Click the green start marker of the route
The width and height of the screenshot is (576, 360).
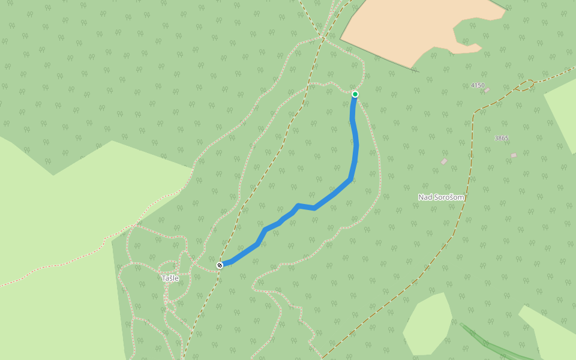pyautogui.click(x=355, y=94)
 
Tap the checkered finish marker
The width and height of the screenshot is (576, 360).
pyautogui.click(x=220, y=265)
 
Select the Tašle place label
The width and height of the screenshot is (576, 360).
pyautogui.click(x=170, y=278)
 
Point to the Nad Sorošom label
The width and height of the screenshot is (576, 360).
pyautogui.click(x=441, y=197)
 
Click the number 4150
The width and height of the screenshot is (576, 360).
pyautogui.click(x=478, y=85)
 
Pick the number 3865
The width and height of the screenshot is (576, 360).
pyautogui.click(x=502, y=138)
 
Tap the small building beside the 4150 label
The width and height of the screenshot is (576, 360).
pyautogui.click(x=487, y=90)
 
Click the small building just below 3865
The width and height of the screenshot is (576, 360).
pyautogui.click(x=514, y=155)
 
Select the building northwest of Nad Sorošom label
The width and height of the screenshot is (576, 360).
pyautogui.click(x=444, y=161)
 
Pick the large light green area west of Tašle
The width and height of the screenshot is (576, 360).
pyautogui.click(x=54, y=240)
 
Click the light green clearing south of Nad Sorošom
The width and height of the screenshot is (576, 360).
pyautogui.click(x=429, y=324)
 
